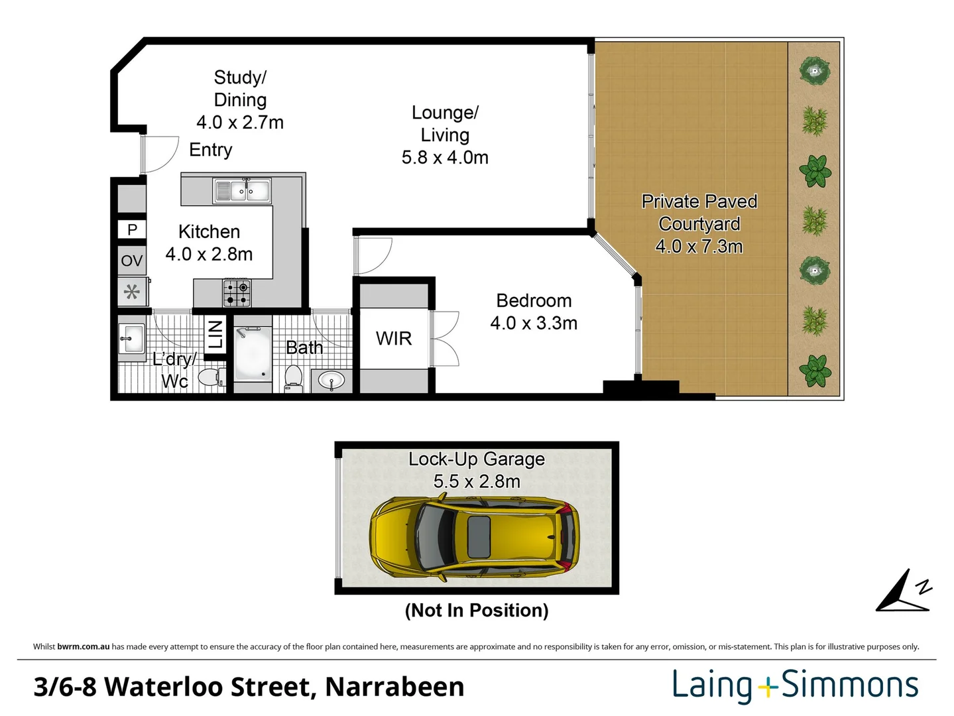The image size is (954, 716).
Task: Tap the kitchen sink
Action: pos(242,191)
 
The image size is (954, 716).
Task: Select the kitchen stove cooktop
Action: pos(237,293)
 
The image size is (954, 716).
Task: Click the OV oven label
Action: pos(131,261)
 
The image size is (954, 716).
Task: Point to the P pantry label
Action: pos(132,229)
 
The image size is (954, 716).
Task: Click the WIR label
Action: pos(394,339)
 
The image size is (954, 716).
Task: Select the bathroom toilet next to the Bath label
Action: pos(292,379)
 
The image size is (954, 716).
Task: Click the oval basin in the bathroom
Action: pos(331,381)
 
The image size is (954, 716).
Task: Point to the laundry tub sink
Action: pos(131,339)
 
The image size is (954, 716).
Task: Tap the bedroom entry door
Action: pos(373,256)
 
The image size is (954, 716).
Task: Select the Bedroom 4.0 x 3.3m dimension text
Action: pos(534,324)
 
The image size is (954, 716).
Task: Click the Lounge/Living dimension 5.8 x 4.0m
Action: pos(445,158)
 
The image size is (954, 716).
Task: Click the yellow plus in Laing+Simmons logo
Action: pos(767,687)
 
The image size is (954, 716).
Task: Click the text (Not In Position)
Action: pos(477,610)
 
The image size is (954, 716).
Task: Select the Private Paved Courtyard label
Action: pos(699,223)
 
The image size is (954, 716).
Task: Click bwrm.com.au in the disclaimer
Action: pos(83,646)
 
